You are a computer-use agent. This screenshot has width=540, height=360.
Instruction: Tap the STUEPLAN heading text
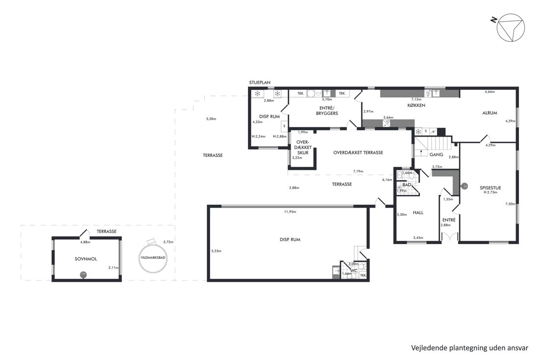pyautogui.click(x=260, y=83)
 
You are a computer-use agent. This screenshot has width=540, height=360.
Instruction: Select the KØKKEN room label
pyautogui.click(x=416, y=106)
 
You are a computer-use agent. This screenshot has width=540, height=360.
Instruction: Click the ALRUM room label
pyautogui.click(x=489, y=113)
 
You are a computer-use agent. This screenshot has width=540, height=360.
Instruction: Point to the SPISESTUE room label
pyautogui.click(x=490, y=188)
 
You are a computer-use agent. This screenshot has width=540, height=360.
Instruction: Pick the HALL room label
pyautogui.click(x=418, y=213)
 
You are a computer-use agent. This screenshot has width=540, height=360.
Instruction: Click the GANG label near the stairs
pyautogui.click(x=436, y=155)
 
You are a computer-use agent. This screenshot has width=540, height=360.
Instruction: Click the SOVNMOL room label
pyautogui.click(x=86, y=259)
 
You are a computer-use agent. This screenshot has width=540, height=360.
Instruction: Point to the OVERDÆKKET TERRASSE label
pyautogui.click(x=358, y=153)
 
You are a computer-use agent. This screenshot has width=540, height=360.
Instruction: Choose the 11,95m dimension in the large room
pyautogui.click(x=290, y=212)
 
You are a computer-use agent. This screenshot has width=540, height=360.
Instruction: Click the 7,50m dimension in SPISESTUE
pyautogui.click(x=510, y=204)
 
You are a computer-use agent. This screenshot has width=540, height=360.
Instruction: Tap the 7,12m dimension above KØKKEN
pyautogui.click(x=416, y=99)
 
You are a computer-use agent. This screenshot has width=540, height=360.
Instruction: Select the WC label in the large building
pyautogui.click(x=354, y=271)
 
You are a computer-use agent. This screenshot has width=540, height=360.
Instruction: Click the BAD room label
pyautogui.click(x=407, y=185)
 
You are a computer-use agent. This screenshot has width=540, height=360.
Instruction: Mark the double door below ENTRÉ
pyautogui.click(x=449, y=237)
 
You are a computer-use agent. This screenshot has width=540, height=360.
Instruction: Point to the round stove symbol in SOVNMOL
pyautogui.click(x=83, y=275)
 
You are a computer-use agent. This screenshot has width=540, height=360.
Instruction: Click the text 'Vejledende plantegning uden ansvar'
pyautogui.click(x=469, y=348)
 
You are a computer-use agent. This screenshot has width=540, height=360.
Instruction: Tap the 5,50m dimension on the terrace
pyautogui.click(x=211, y=119)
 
